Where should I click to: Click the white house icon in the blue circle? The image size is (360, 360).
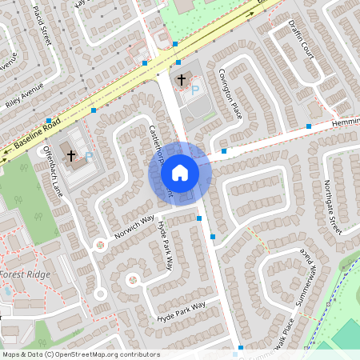click(180, 172)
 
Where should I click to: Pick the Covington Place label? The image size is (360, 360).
click(230, 94)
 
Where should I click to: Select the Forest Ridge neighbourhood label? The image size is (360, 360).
click(26, 274)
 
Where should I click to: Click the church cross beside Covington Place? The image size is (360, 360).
click(182, 79)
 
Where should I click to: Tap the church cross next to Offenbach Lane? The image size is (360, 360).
click(71, 154)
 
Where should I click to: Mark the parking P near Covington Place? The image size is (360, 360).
click(195, 90)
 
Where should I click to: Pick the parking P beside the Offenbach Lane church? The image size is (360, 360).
click(89, 156)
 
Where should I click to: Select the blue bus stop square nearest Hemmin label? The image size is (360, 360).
click(309, 126)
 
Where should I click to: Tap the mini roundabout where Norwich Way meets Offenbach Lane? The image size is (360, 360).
click(100, 242)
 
